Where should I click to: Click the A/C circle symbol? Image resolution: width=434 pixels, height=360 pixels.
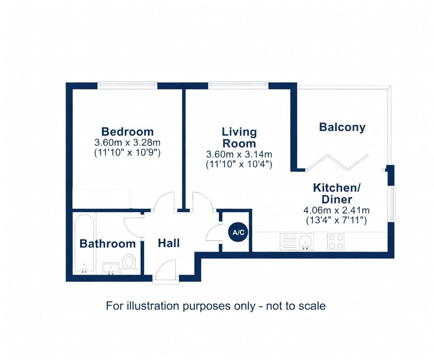[238, 233]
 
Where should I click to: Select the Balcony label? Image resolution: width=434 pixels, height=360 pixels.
[342, 127]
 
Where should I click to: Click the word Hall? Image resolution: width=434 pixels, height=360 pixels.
[169, 243]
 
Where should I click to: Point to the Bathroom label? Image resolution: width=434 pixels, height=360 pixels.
[107, 244]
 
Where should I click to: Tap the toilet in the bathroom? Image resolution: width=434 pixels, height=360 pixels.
[129, 263]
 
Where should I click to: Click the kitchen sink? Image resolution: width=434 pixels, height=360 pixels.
[297, 242]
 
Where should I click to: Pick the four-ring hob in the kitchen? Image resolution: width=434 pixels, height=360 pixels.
[336, 241]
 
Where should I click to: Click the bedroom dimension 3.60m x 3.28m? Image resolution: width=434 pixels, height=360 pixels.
[127, 142]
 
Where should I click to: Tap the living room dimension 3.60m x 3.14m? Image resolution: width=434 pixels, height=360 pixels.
[239, 154]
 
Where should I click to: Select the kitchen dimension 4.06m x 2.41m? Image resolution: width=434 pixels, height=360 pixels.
[336, 211]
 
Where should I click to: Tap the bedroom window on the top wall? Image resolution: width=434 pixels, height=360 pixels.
[127, 83]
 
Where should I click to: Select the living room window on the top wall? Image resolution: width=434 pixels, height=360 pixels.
[238, 83]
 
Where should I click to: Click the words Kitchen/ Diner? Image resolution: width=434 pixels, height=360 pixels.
[337, 194]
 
